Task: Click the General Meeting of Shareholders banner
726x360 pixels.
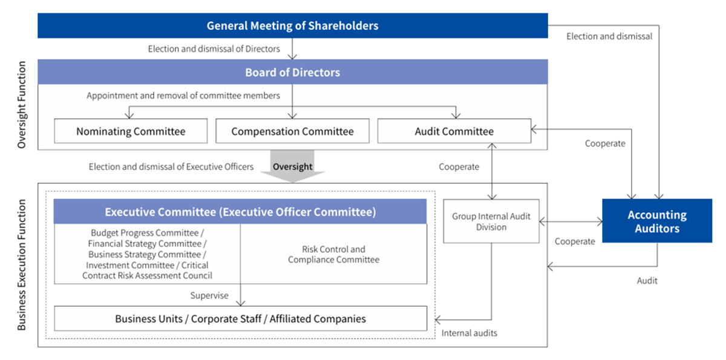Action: point(293,25)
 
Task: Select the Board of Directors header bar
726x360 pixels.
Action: point(293,72)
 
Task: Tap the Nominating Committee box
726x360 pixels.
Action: point(131,131)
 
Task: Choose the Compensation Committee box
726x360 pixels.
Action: point(292,131)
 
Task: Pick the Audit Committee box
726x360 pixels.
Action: point(454,131)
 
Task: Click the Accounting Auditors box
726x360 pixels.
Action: point(657,221)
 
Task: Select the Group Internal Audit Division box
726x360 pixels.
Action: point(491,221)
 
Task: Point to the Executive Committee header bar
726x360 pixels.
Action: point(240,212)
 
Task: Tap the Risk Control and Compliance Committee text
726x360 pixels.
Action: point(333,254)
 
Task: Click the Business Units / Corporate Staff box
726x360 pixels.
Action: point(241,318)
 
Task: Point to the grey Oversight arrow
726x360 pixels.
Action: point(292,166)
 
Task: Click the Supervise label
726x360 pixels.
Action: point(209,295)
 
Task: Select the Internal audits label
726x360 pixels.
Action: point(469,333)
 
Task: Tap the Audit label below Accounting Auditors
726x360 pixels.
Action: point(647,281)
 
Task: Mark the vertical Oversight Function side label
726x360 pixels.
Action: point(21,105)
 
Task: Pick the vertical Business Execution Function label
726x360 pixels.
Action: point(21,265)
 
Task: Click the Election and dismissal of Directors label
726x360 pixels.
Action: point(214,49)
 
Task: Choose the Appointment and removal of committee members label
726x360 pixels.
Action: point(183,96)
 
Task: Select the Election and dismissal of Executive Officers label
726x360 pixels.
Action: point(171,166)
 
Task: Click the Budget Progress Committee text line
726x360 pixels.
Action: point(148,233)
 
